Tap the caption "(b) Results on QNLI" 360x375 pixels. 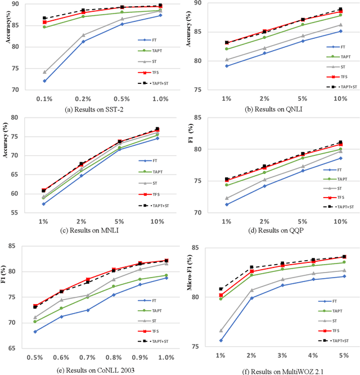click(x=269, y=110)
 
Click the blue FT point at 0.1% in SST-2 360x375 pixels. click(x=44, y=81)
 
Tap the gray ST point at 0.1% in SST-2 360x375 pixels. click(x=44, y=72)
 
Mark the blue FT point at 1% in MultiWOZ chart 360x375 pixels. click(x=220, y=340)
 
